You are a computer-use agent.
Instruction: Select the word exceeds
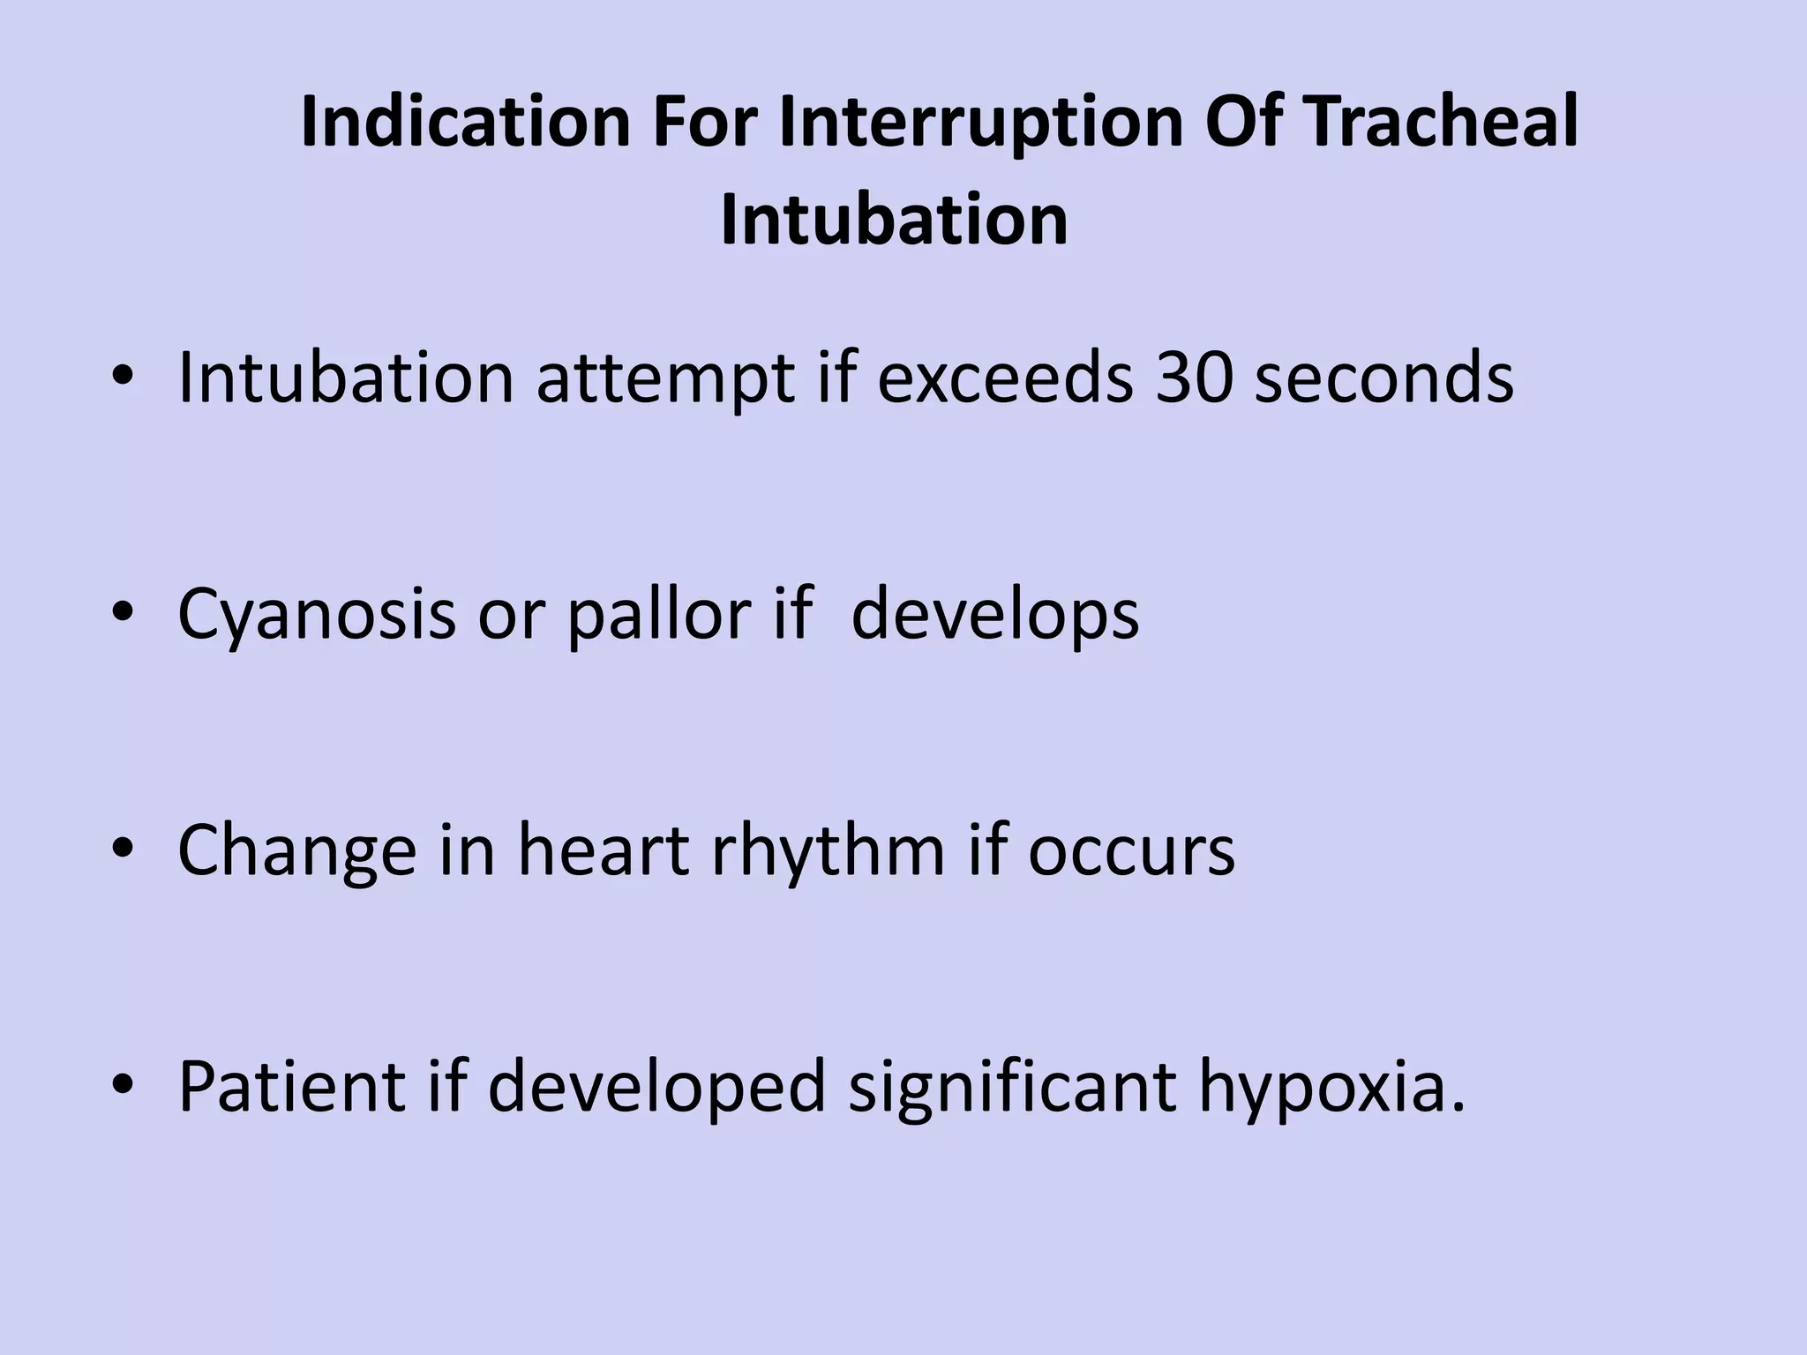1005,378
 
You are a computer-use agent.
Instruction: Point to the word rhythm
828,851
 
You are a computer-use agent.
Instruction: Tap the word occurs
1131,851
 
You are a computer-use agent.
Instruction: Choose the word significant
1012,1088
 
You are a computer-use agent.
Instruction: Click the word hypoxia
1331,1088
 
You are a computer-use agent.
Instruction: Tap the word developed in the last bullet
656,1088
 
